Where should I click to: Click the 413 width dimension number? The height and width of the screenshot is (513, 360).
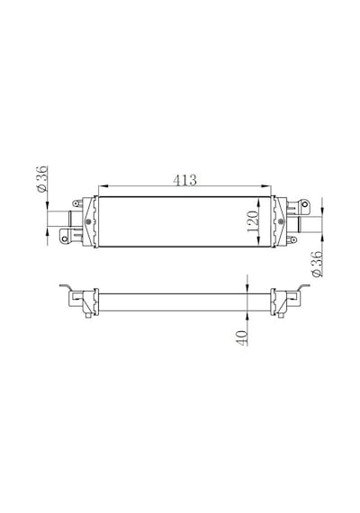[184, 180]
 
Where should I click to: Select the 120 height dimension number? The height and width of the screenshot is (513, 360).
[253, 221]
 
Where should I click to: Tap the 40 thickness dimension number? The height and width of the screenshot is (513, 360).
[241, 337]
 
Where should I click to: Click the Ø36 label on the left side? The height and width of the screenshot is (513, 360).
[42, 179]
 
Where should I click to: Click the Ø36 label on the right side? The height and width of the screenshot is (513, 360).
[317, 265]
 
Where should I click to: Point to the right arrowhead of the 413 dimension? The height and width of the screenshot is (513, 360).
[266, 186]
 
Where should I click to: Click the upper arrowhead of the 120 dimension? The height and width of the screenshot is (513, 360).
[259, 205]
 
